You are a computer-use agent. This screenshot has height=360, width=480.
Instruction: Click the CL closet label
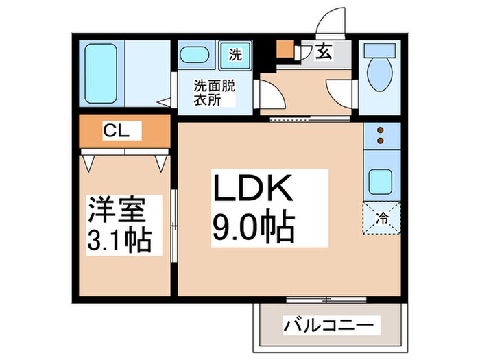(113, 130)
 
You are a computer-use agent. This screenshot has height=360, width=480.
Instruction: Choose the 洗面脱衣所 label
(212, 93)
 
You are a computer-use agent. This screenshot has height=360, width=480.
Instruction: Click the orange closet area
(123, 131)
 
